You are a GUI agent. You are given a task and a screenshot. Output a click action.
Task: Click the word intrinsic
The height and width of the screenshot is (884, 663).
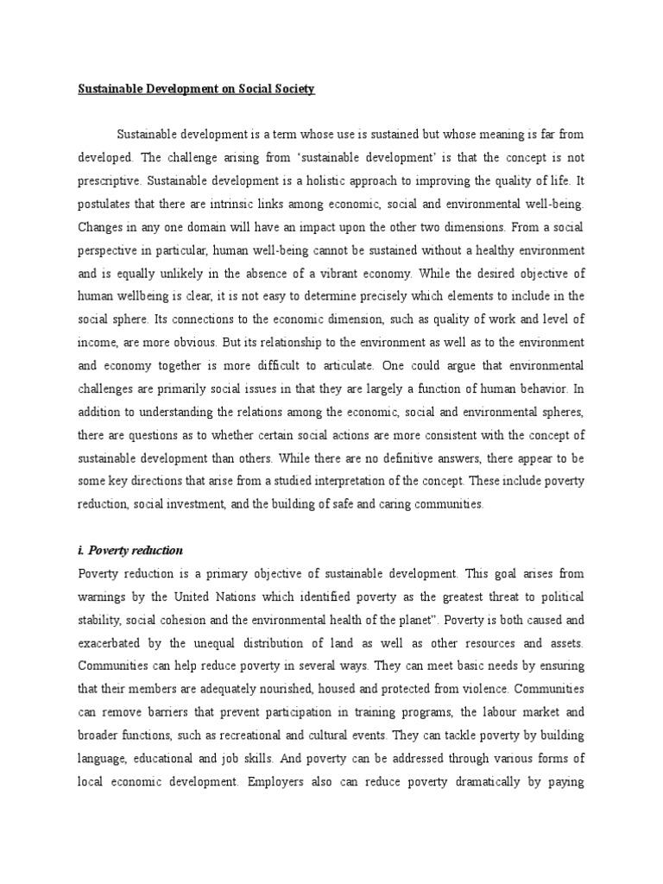pyautogui.click(x=229, y=205)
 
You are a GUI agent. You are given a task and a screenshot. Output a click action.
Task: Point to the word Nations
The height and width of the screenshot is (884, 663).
pyautogui.click(x=227, y=596)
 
